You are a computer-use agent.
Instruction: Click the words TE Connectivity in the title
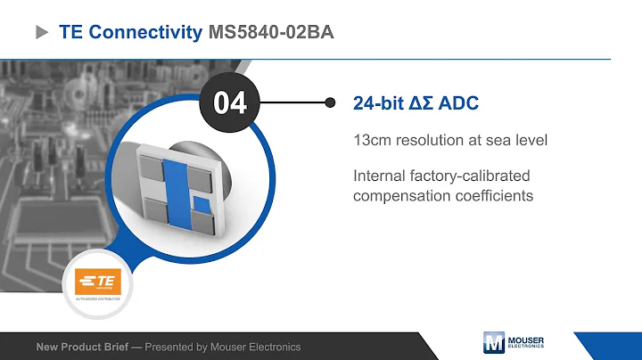(130, 33)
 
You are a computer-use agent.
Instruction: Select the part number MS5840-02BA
(272, 33)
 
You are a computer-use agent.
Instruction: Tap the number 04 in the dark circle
(230, 102)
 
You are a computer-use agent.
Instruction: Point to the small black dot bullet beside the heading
(331, 102)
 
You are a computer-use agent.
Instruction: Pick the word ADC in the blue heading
(459, 103)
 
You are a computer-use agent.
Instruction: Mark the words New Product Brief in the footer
(86, 347)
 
